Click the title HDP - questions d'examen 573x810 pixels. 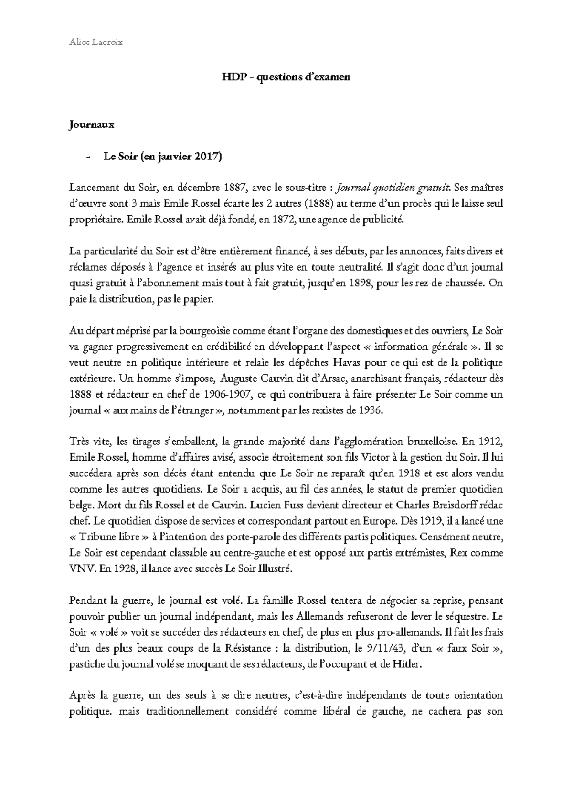(286, 76)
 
